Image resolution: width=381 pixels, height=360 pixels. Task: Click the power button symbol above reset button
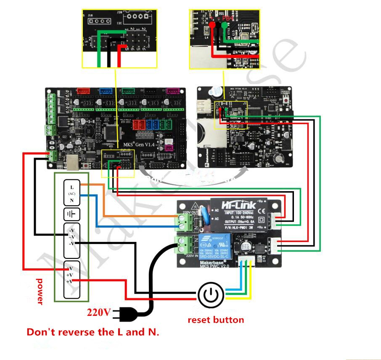pyautogui.click(x=210, y=295)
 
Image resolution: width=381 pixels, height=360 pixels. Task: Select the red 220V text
pyautogui.click(x=99, y=313)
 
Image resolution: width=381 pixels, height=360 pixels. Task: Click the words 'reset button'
pyautogui.click(x=216, y=320)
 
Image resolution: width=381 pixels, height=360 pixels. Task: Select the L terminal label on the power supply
pyautogui.click(x=72, y=187)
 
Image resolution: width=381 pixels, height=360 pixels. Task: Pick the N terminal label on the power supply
pyautogui.click(x=72, y=200)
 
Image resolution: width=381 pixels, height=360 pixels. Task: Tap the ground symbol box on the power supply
pyautogui.click(x=71, y=215)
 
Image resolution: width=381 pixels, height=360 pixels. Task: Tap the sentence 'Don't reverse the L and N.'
pyautogui.click(x=93, y=332)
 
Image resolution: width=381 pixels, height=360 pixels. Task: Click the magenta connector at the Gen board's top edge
pyautogui.click(x=172, y=91)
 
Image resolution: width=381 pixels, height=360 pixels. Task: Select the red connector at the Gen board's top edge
pyautogui.click(x=83, y=91)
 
